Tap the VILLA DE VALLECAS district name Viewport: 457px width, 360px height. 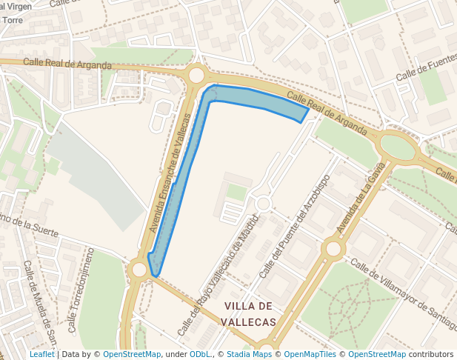[250, 314]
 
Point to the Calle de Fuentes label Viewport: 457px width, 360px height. [426, 68]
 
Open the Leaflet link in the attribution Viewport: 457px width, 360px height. [41, 354]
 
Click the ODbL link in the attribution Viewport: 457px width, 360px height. [200, 354]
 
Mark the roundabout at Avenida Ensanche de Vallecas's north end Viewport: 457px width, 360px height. [196, 75]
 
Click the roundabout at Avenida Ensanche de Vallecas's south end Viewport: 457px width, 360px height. [139, 270]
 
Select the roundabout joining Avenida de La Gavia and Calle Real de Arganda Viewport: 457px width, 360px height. [399, 145]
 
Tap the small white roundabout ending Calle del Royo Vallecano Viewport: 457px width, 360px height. [262, 203]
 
